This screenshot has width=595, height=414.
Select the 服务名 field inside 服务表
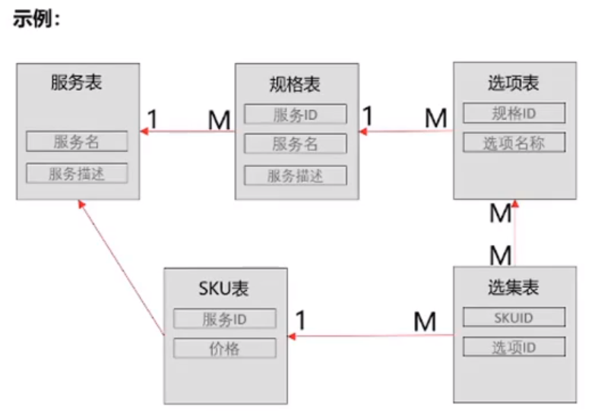(x=77, y=141)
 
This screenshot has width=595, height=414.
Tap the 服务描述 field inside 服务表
(x=77, y=173)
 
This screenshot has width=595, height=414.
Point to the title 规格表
(x=295, y=84)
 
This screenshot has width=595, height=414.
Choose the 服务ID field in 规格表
(x=295, y=115)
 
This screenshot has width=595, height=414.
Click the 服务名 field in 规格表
(x=295, y=144)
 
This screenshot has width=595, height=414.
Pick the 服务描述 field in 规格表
(x=295, y=175)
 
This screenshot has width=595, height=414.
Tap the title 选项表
(x=514, y=82)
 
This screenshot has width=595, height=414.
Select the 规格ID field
(x=514, y=113)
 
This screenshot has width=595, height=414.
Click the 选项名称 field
(x=514, y=142)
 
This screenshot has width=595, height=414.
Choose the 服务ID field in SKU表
(x=224, y=319)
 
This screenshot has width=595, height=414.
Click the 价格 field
(x=224, y=349)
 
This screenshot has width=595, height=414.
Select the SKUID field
(x=514, y=317)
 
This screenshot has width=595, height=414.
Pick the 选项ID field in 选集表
(x=514, y=347)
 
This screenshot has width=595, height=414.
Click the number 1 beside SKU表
(x=301, y=321)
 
